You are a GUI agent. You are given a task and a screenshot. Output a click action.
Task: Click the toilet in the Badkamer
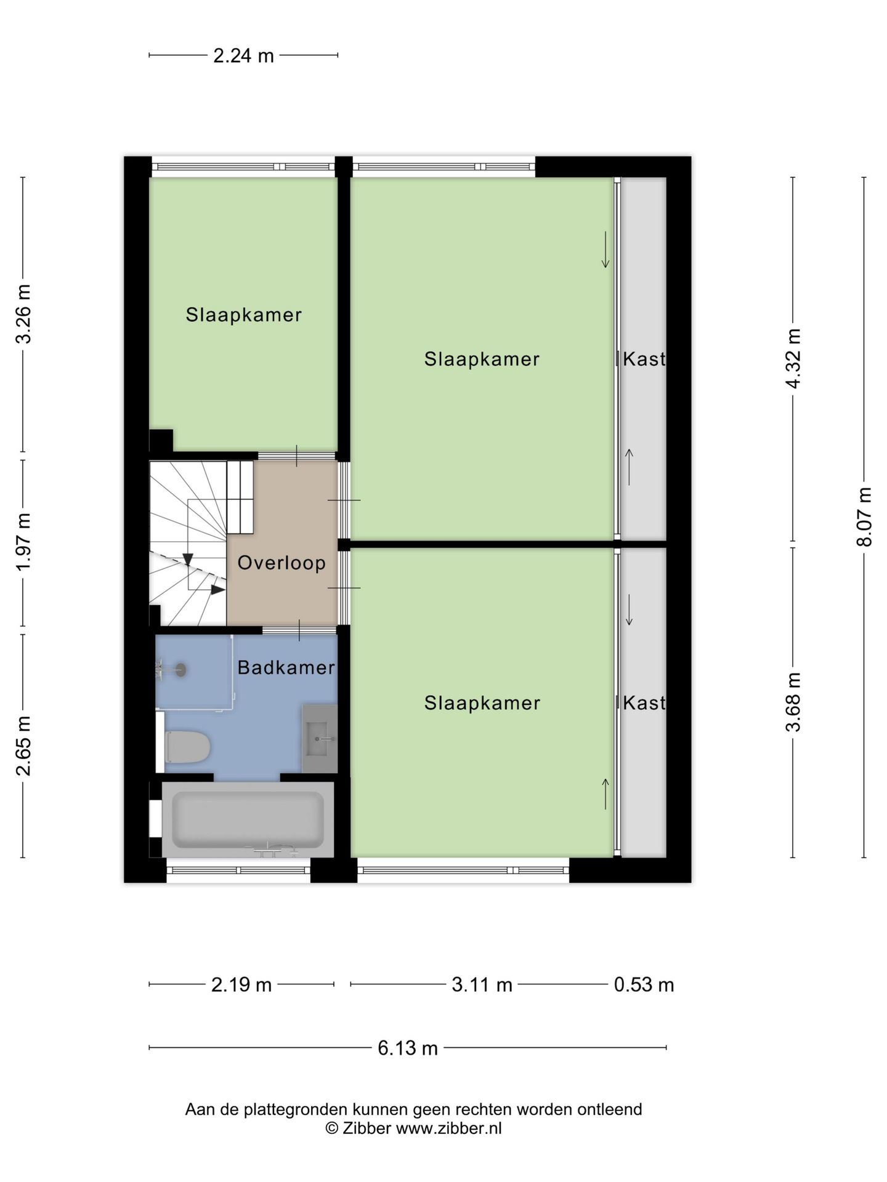pos(187,746)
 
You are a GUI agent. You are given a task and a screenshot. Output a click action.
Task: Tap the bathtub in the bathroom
pos(248,819)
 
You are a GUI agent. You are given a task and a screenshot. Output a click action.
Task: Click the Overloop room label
pos(281,563)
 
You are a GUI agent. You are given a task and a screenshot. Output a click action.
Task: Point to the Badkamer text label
pos(286,667)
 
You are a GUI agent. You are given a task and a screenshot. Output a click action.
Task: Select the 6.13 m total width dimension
pos(408,1048)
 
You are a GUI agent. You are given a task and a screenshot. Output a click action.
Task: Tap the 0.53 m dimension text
pos(644,985)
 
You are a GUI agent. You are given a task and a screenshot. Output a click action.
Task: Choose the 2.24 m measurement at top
pos(243,56)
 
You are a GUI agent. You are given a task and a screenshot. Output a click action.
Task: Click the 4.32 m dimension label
pos(793,358)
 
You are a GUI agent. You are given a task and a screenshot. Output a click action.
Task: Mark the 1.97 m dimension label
pos(23,542)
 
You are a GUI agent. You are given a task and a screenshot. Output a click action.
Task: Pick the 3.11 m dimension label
pos(482,985)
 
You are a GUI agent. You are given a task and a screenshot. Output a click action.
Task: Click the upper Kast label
pos(644,359)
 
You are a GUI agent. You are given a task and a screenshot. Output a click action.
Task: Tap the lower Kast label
pos(644,702)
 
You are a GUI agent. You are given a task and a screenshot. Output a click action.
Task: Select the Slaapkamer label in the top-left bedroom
pos(244,315)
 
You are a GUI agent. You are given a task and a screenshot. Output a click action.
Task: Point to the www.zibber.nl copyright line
pos(413,1128)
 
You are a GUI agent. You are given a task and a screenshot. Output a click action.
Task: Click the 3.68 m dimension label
pos(793,702)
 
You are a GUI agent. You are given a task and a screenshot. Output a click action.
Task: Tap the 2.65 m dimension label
pos(23,746)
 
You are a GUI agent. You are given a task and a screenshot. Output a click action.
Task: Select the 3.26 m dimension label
pos(23,314)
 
